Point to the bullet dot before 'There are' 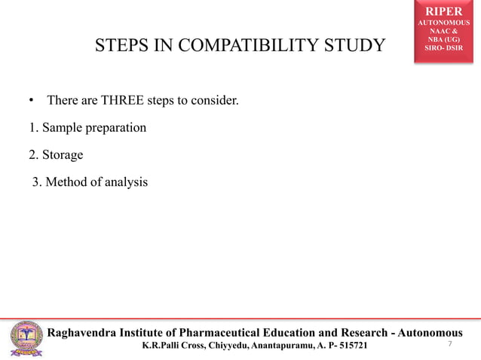click(x=32, y=100)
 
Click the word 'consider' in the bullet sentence click(x=218, y=100)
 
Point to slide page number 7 click(x=449, y=344)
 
